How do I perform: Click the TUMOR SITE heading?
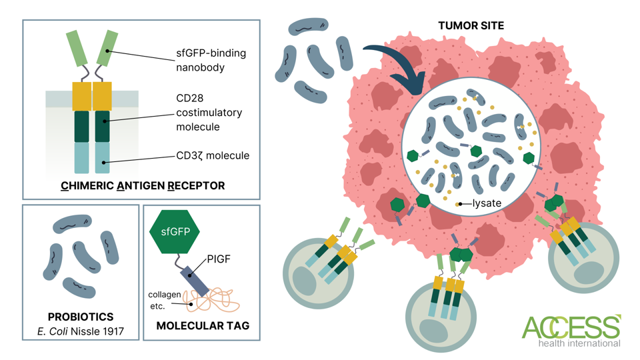(471, 25)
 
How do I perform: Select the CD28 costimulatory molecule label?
(209, 113)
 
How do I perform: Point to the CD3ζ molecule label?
(212, 155)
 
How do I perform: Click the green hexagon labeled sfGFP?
(179, 232)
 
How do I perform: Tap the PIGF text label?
(219, 259)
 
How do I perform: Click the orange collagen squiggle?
(213, 300)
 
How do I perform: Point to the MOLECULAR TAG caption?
(203, 326)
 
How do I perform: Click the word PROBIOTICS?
(81, 317)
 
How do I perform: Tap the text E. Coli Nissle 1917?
(81, 331)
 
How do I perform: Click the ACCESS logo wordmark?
(571, 327)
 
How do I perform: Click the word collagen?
(164, 295)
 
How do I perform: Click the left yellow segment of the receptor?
(81, 96)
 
